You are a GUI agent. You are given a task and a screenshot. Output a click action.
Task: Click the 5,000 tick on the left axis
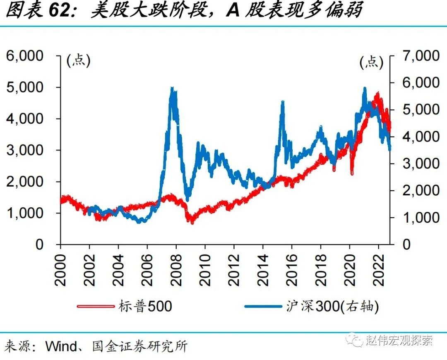[x=25, y=87]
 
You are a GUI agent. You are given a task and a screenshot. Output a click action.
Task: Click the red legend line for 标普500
[x=96, y=307]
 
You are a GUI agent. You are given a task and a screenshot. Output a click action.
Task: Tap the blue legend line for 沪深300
[x=263, y=307]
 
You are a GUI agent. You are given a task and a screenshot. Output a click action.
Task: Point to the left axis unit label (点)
[x=78, y=61]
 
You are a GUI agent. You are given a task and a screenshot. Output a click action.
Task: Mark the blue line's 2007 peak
[x=172, y=88]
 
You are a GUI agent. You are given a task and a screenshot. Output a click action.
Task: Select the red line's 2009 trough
[x=192, y=223]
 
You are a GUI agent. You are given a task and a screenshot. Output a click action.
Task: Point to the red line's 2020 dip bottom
[x=352, y=174]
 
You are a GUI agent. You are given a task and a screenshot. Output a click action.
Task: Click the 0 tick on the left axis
[x=40, y=244]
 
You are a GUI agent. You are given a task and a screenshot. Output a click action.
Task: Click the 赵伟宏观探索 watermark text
[x=399, y=341]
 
